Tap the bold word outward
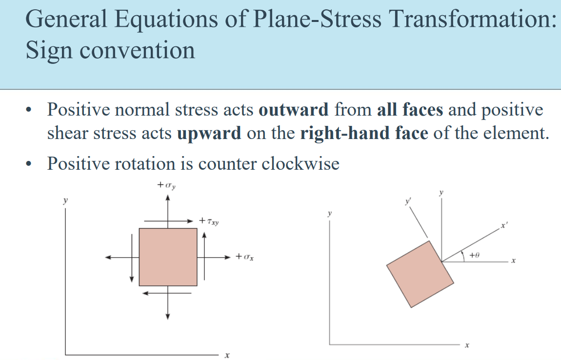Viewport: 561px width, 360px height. click(294, 110)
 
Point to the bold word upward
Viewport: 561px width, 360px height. click(209, 133)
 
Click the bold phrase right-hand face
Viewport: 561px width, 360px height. click(364, 133)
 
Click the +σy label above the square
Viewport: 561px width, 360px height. click(167, 185)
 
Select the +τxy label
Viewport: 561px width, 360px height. click(209, 221)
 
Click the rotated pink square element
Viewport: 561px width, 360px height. click(421, 274)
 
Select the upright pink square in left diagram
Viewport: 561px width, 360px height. click(168, 257)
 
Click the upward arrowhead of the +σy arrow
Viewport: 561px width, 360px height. click(167, 197)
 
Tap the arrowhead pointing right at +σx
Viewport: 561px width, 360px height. click(227, 257)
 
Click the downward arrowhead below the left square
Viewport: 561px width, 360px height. click(167, 317)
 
